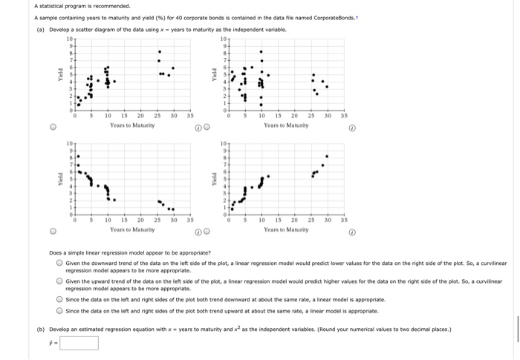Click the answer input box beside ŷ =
point(79,343)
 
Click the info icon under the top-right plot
point(352,126)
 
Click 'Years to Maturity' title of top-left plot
point(132,126)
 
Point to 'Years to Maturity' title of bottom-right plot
point(286,230)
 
